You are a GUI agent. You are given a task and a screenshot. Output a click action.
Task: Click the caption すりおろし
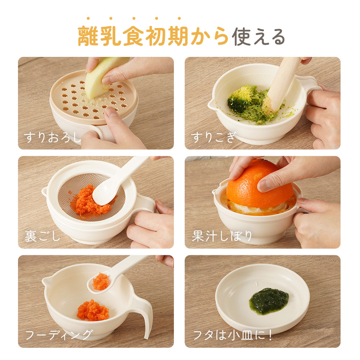click(53, 137)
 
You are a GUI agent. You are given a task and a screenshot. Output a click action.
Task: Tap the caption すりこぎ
click(213, 137)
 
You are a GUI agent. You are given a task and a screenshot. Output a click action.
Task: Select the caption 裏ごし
click(42, 236)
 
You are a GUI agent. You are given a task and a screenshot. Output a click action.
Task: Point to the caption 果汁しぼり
click(222, 236)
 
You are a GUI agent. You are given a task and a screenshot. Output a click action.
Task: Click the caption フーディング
click(59, 335)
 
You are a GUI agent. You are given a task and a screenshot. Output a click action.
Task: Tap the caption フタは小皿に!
click(232, 335)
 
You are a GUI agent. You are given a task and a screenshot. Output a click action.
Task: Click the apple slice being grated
click(104, 76)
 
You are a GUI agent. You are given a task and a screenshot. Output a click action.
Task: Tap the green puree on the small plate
click(269, 301)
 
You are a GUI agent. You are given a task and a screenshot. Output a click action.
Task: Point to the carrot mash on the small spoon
click(100, 282)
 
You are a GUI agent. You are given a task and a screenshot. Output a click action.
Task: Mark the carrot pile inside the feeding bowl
click(93, 310)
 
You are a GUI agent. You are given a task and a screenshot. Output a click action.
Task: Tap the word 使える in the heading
click(258, 37)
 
